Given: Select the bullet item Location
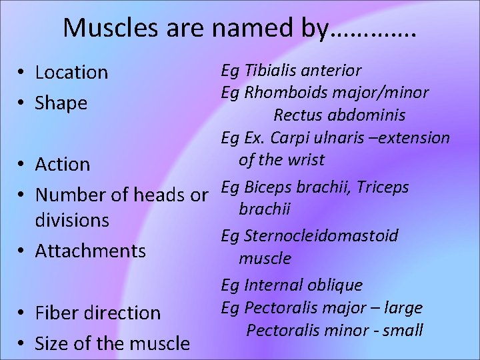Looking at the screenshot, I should click(71, 72).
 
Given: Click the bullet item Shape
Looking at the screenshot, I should click(61, 103).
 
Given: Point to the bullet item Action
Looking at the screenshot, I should click(62, 164).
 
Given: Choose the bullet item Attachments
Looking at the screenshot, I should click(90, 251).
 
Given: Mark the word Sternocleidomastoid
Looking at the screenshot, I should click(321, 235).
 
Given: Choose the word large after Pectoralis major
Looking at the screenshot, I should click(404, 308).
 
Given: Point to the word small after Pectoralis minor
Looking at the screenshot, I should click(405, 331).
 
